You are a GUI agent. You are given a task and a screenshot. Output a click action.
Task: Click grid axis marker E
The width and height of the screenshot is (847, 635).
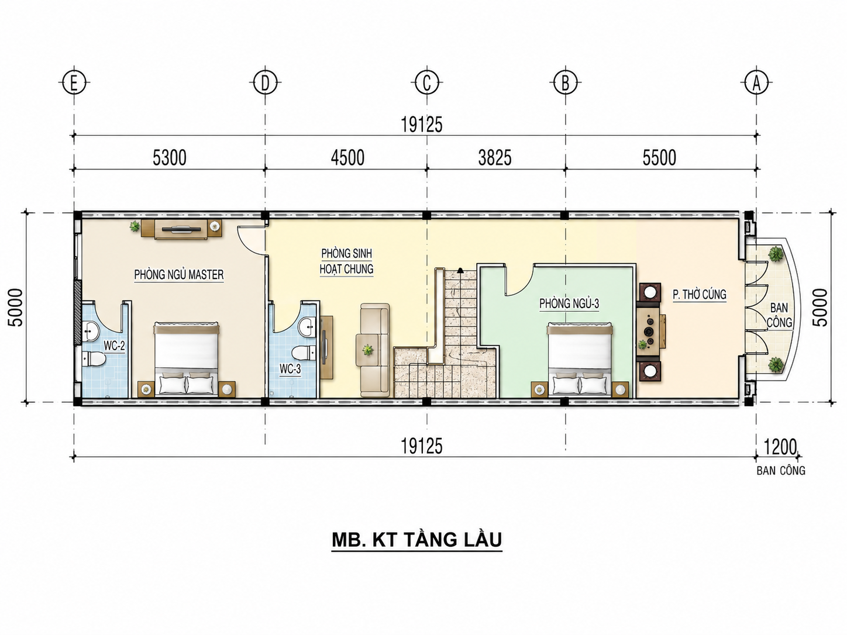click(x=74, y=82)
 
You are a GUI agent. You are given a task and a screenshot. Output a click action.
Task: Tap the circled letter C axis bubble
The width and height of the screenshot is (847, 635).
click(x=427, y=82)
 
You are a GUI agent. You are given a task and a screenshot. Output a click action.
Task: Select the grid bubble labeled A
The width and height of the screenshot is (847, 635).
click(x=756, y=82)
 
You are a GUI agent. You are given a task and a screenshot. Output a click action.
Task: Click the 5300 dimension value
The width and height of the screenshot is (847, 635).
click(x=170, y=158)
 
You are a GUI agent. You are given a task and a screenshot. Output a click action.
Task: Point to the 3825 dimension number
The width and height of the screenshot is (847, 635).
click(x=495, y=158)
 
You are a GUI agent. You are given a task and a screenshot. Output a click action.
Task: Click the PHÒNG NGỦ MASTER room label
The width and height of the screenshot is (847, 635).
click(x=178, y=275)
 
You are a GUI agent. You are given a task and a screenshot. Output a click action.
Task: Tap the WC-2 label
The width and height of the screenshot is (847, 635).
click(x=114, y=346)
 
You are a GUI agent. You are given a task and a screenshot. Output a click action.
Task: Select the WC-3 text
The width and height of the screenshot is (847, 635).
click(x=290, y=369)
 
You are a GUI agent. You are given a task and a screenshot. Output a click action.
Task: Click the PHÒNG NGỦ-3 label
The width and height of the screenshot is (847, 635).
click(x=569, y=303)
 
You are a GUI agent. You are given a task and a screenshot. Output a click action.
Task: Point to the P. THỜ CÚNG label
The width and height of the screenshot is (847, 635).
click(x=700, y=295)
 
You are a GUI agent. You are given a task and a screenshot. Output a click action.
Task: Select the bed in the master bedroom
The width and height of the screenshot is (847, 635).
click(x=186, y=358)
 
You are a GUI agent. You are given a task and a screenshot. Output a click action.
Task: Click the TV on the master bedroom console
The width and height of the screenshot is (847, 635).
click(x=181, y=229)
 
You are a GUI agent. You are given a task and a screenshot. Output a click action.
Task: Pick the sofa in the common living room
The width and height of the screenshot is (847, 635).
click(x=375, y=350)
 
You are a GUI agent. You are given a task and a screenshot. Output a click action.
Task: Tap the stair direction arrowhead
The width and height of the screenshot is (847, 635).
click(x=460, y=270)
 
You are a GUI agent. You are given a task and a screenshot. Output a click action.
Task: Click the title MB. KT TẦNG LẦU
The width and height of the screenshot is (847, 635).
click(x=416, y=540)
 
